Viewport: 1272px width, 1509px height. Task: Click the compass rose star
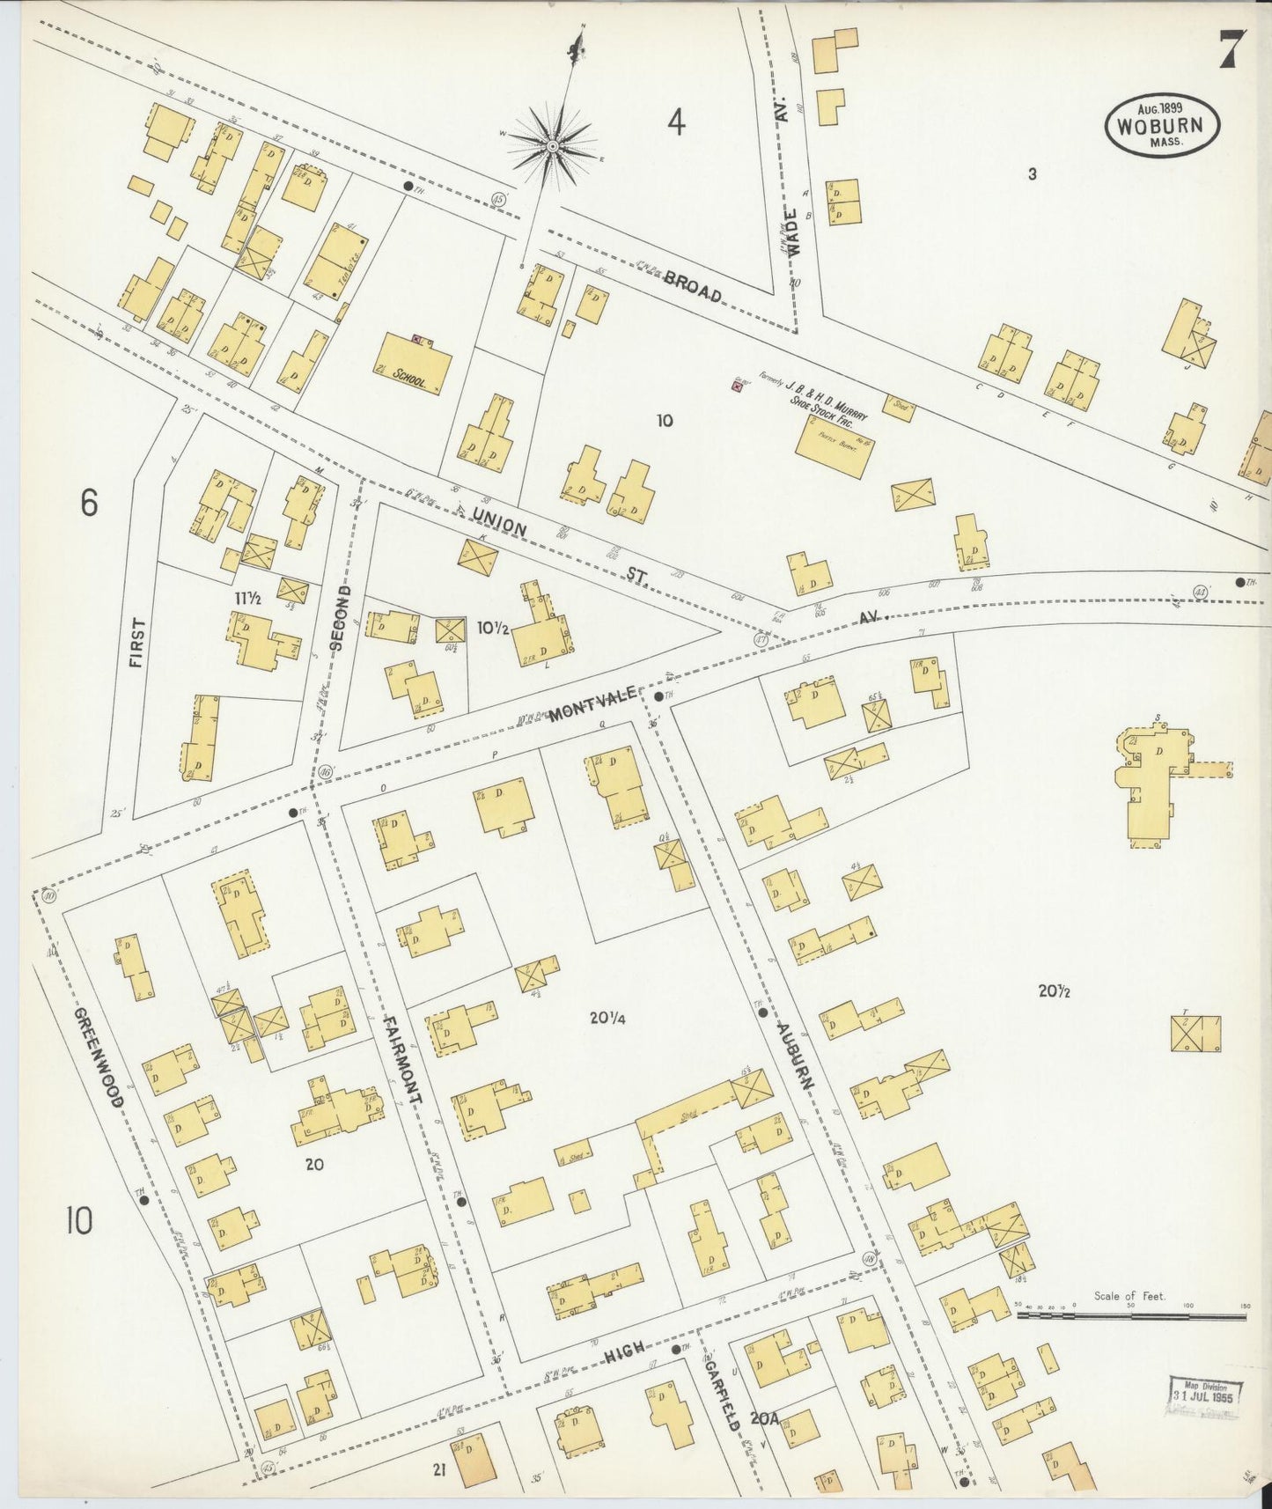point(552,146)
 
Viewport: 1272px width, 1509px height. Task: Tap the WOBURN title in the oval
point(1162,125)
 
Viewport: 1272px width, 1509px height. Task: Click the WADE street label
point(794,232)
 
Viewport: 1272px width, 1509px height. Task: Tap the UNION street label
point(499,519)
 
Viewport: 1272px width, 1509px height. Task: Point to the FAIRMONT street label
point(404,1060)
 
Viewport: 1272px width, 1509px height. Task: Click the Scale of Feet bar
point(1131,1315)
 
